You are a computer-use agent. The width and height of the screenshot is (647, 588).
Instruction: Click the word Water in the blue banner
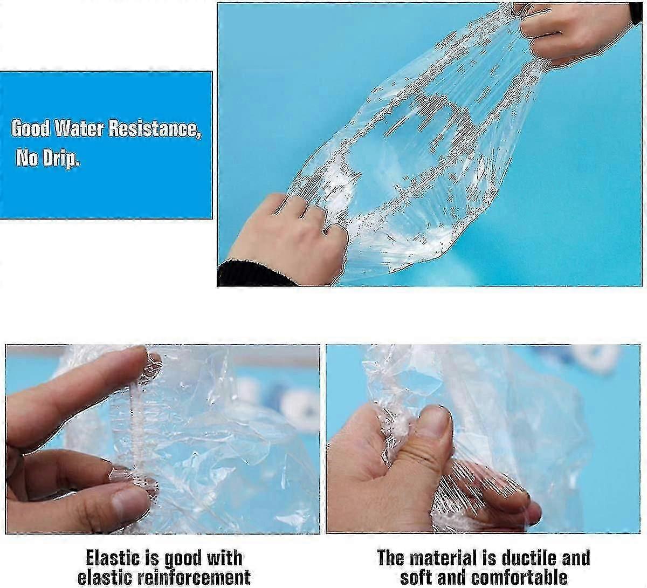tap(79, 128)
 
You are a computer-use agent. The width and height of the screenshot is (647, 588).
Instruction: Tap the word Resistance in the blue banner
tap(154, 129)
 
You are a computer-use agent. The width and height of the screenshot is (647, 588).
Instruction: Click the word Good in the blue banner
tap(31, 128)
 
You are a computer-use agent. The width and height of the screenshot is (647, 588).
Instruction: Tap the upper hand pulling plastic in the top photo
tap(574, 32)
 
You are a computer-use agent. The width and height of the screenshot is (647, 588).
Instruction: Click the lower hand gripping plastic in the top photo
tap(290, 239)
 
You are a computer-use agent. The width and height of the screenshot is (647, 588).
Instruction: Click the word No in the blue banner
tap(27, 158)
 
